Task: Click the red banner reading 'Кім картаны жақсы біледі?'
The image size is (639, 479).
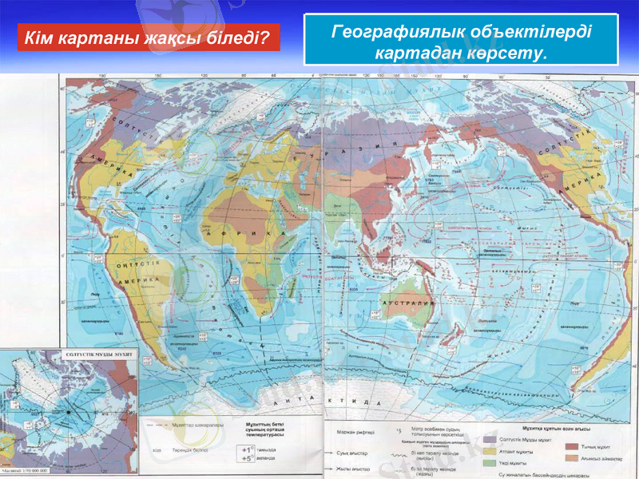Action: (149, 38)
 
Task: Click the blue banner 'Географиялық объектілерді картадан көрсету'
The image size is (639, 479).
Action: (462, 41)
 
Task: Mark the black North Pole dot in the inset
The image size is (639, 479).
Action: (70, 412)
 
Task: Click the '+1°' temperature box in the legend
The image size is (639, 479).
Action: (249, 449)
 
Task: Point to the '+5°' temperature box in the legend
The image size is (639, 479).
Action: (249, 458)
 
